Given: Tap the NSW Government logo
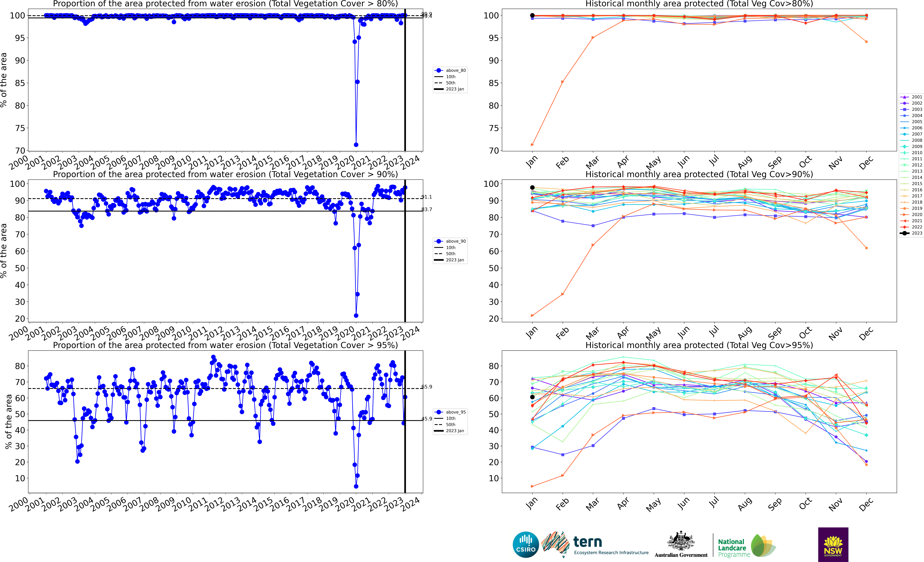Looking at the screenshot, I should tap(833, 544).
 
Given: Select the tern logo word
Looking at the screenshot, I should tap(588, 542).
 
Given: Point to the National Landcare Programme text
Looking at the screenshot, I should tap(734, 548).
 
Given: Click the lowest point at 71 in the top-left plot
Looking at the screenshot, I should tap(356, 145).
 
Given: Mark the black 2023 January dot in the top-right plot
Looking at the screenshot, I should tap(532, 15).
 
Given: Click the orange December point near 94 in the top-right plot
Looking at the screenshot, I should tap(866, 42).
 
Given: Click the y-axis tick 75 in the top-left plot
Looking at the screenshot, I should tap(20, 128).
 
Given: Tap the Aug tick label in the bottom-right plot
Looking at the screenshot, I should tap(744, 504).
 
